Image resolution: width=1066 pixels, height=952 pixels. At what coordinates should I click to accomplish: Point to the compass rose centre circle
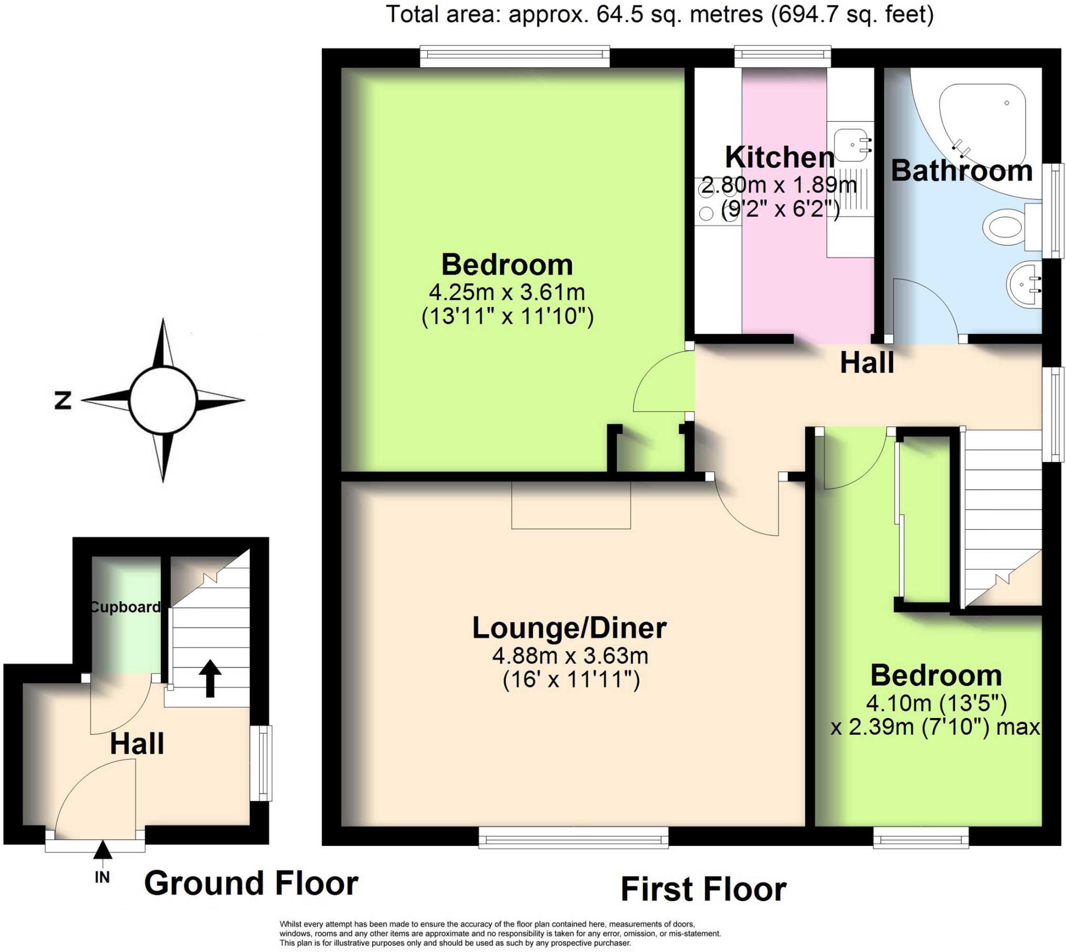(163, 400)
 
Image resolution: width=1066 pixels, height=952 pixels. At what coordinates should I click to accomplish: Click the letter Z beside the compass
(63, 401)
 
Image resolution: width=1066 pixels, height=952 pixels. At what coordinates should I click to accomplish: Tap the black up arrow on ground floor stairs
(210, 678)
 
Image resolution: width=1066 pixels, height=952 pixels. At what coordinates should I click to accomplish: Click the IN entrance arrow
(103, 850)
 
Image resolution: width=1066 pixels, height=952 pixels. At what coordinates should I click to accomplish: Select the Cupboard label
(125, 607)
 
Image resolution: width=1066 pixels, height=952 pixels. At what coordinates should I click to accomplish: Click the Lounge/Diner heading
(569, 628)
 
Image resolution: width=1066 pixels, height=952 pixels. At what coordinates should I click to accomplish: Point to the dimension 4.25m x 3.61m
(506, 291)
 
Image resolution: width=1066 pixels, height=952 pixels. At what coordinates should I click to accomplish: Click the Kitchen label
(779, 157)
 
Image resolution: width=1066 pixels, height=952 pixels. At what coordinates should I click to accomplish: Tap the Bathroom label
(961, 171)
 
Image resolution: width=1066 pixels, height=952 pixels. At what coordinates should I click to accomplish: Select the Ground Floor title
(251, 883)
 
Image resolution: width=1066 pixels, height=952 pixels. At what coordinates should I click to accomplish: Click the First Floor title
(703, 889)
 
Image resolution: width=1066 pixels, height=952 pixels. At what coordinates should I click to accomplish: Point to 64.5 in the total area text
(619, 14)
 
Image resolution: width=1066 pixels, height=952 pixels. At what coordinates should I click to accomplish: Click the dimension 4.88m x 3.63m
(570, 655)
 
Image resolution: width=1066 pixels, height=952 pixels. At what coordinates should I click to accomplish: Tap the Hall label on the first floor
(867, 363)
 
